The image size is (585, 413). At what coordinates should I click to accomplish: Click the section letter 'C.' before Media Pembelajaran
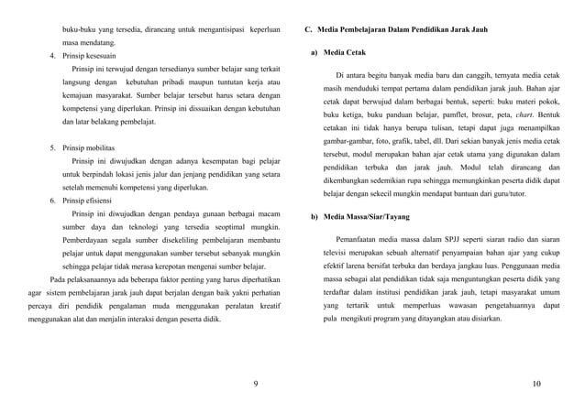(x=310, y=30)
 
